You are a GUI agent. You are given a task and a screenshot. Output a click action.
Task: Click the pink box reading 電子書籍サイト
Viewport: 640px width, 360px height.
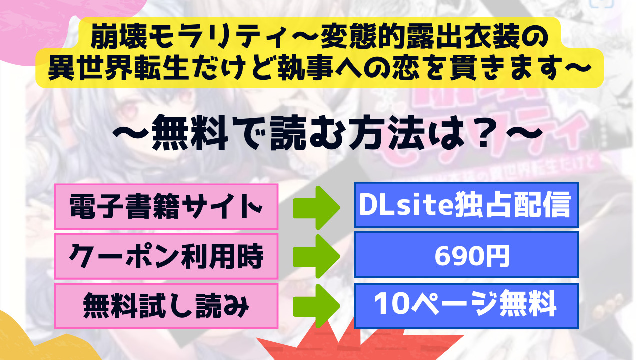pos(166,206)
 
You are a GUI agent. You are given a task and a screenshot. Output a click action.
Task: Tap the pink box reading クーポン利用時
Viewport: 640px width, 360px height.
pos(166,256)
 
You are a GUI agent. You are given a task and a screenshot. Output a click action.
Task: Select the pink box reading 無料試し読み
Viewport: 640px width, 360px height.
pos(166,306)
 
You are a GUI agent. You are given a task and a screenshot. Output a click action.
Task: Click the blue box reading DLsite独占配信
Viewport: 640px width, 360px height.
pos(466,205)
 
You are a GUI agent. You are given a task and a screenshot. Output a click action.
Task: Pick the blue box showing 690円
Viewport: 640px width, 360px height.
pos(466,255)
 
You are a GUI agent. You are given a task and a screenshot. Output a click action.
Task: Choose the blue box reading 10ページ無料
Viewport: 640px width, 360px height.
pos(466,306)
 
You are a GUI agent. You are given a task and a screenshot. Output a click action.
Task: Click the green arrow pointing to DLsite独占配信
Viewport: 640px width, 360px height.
pos(316,207)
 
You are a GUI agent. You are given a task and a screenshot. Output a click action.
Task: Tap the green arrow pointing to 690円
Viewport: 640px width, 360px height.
pos(316,256)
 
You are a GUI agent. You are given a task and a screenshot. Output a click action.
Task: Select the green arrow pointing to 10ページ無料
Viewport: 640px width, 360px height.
pos(316,306)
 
